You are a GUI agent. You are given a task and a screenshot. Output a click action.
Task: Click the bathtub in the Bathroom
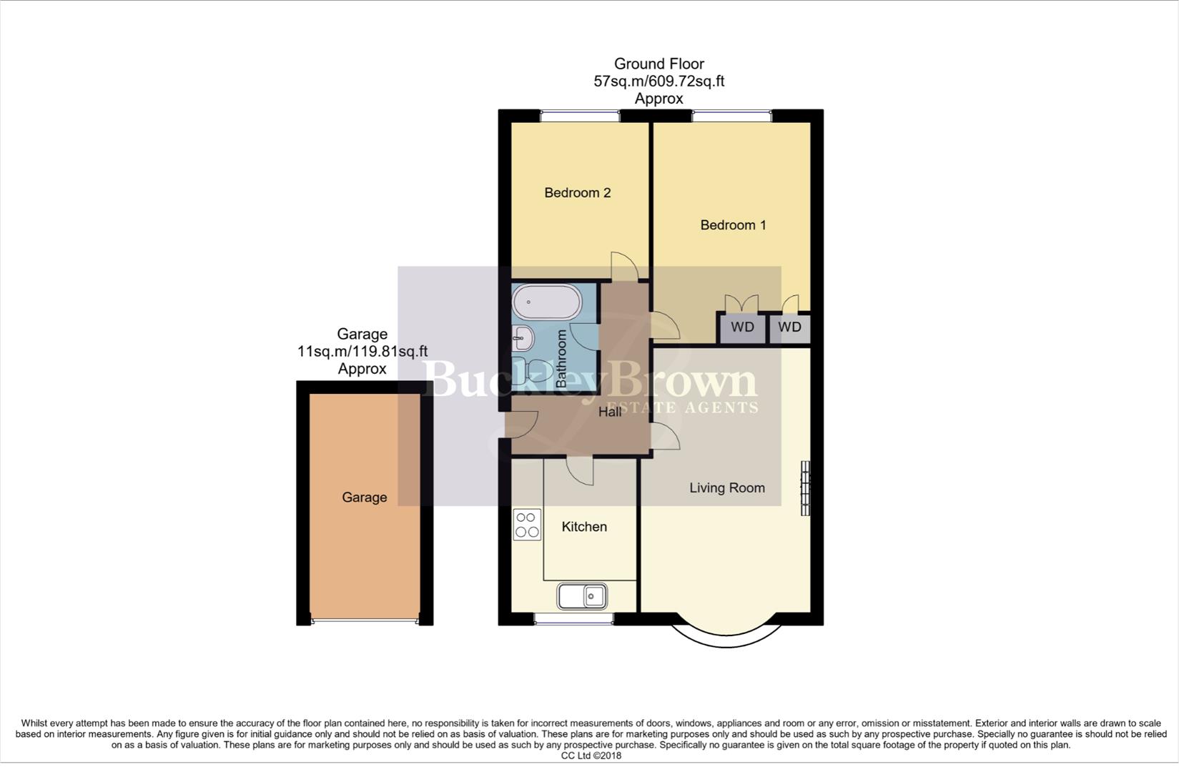547,302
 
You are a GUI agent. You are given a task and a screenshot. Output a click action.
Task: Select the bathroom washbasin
523,337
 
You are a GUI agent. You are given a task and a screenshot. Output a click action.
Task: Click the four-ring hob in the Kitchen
527,524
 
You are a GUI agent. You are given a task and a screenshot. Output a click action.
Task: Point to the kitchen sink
582,595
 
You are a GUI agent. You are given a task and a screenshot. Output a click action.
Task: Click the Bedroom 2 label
577,192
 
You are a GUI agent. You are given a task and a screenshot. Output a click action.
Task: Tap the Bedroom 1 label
733,225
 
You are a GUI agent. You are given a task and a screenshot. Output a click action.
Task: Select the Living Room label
726,488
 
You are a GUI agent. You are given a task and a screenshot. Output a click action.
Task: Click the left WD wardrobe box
742,328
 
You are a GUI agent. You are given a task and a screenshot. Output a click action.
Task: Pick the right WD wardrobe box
789,328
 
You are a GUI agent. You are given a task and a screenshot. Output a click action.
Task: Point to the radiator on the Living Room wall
806,488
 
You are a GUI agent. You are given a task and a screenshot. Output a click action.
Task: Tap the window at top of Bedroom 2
579,115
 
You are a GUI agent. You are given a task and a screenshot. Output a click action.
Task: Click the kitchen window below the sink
573,619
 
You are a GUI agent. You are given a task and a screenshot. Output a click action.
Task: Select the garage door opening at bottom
365,620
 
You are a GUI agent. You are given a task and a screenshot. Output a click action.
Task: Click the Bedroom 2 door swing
624,266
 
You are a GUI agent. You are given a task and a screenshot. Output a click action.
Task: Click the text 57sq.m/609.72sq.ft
658,81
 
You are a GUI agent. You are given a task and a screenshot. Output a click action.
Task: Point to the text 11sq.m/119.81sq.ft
362,352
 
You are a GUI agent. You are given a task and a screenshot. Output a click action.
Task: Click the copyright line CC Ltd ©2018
591,756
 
